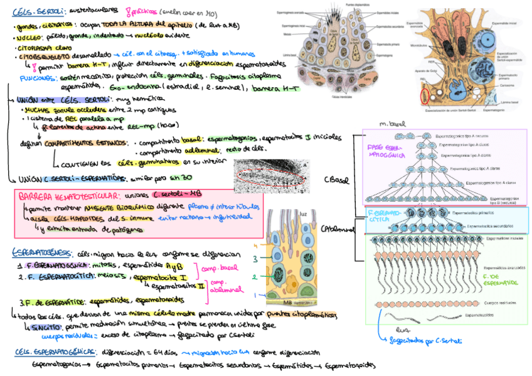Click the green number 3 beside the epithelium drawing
coord(255,259)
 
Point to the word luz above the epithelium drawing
coord(304,214)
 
